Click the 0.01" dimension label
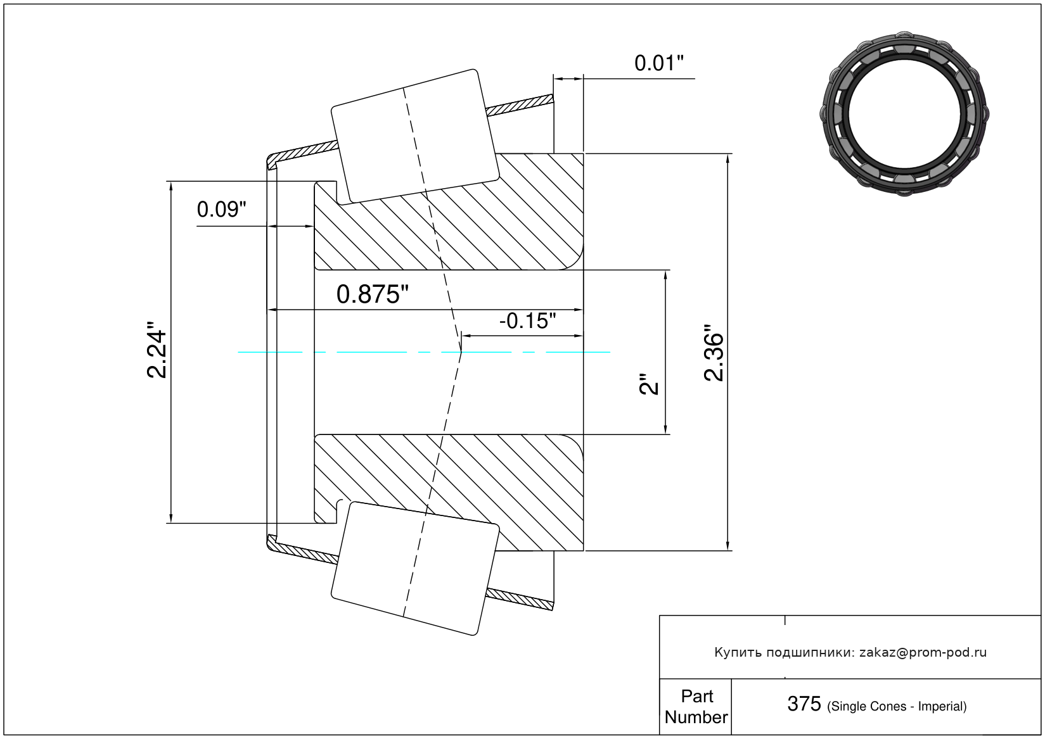658,63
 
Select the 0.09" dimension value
221,210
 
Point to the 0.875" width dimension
372,294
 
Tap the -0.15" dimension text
528,321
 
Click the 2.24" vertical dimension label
157,349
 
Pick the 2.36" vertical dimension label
714,353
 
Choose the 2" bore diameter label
649,384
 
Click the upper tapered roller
414,136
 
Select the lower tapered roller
414,569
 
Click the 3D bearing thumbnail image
904,114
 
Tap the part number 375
804,705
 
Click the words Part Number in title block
696,707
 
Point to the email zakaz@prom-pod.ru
923,653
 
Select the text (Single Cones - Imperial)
897,707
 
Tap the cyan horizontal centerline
424,352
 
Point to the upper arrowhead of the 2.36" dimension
728,158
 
